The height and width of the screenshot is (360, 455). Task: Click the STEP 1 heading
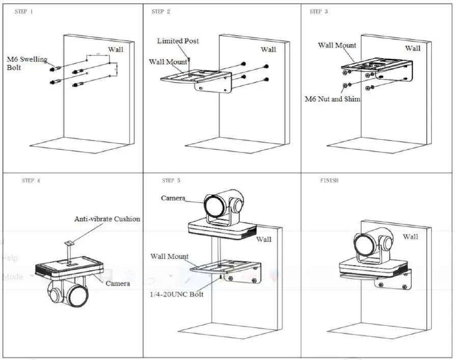[24, 12]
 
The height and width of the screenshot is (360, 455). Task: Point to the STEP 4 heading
[31, 181]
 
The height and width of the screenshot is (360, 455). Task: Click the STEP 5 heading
[171, 181]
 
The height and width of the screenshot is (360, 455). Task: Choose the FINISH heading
[329, 181]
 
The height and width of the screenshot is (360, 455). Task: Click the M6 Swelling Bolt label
[26, 63]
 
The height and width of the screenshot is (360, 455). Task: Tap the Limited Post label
[178, 41]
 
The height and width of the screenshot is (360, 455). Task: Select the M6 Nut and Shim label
[332, 99]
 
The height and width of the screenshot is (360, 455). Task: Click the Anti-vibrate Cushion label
[107, 219]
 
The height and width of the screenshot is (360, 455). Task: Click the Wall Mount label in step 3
[337, 45]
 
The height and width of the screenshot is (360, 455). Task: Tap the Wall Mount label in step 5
[169, 256]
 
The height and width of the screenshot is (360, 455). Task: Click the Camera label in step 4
[117, 283]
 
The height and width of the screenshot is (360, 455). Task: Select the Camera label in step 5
[173, 198]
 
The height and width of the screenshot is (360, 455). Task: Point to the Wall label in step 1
[116, 49]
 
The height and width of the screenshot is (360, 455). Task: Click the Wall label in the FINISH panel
[410, 237]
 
